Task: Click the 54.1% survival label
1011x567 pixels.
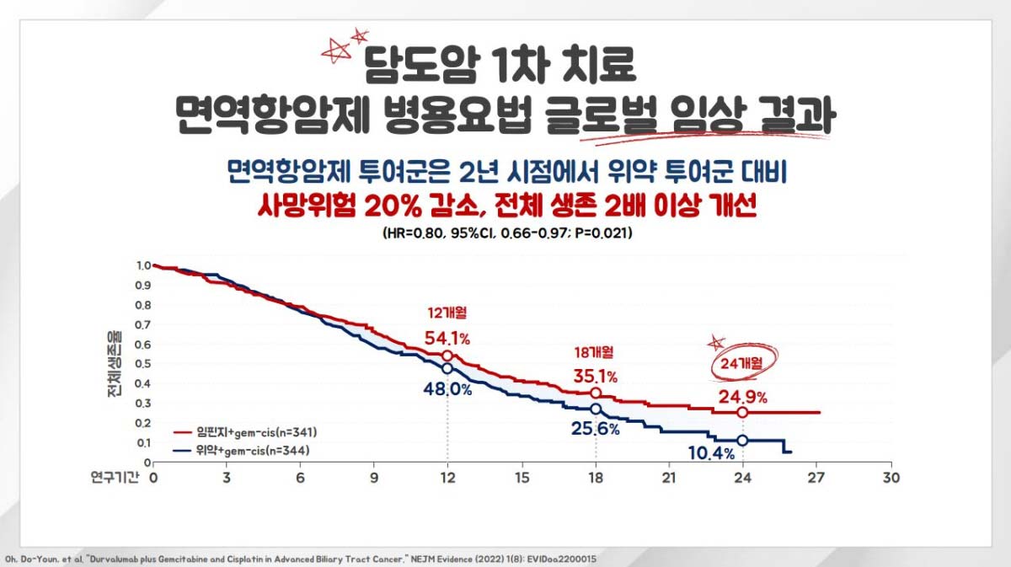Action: [447, 338]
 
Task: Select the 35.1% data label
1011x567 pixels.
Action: [596, 376]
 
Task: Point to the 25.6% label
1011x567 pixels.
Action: [596, 429]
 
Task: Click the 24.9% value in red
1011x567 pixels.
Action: [742, 397]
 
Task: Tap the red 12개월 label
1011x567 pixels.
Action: [447, 313]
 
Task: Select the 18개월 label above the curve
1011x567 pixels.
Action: [596, 351]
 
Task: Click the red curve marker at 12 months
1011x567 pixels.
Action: [447, 356]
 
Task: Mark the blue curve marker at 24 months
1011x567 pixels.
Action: [742, 441]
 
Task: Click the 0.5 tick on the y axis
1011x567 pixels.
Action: [143, 363]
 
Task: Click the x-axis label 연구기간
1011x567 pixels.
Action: [113, 477]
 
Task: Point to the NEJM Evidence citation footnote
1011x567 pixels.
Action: [303, 559]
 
